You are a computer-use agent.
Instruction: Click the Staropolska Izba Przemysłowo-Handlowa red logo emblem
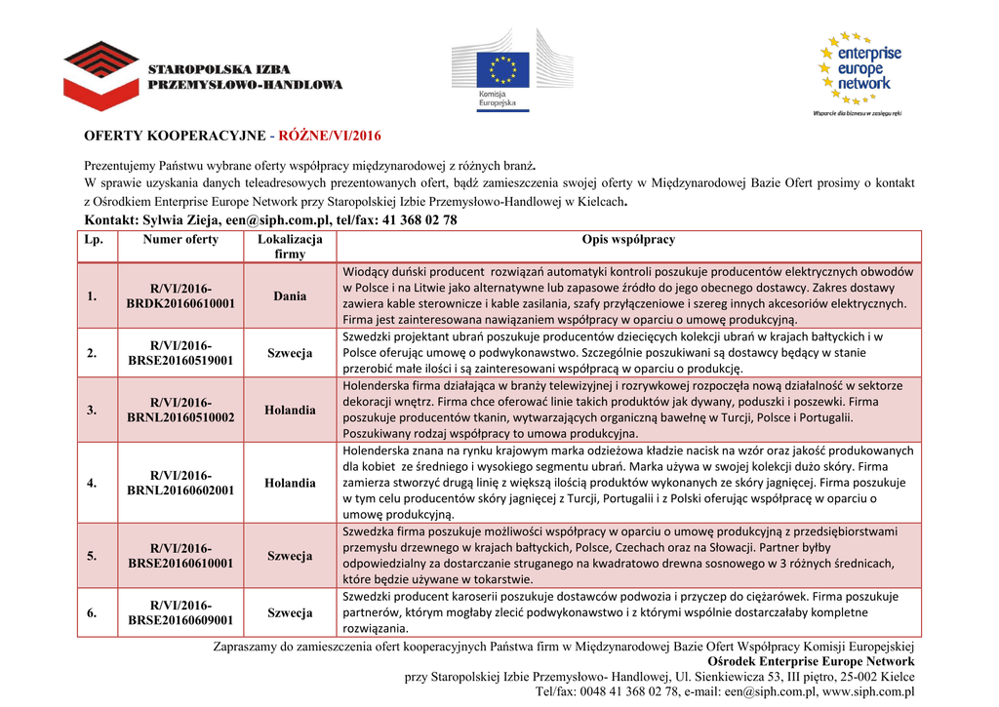[101, 75]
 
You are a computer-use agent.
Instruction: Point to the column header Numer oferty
[180, 240]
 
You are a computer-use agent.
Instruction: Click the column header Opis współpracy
[628, 240]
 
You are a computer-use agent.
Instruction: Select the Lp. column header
[94, 240]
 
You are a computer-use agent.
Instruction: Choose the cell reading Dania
[290, 296]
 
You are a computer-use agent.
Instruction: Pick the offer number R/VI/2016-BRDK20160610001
[180, 296]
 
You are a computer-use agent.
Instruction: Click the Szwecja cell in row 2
[290, 353]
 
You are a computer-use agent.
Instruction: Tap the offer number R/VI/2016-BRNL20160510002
[180, 410]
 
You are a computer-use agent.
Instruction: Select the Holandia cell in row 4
[290, 483]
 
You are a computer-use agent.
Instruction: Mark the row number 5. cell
[92, 556]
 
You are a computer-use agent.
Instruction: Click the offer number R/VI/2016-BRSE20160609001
[180, 612]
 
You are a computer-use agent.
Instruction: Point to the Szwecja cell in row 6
[290, 612]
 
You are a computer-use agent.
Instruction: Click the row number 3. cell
[92, 410]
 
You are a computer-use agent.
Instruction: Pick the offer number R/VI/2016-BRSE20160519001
[180, 353]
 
